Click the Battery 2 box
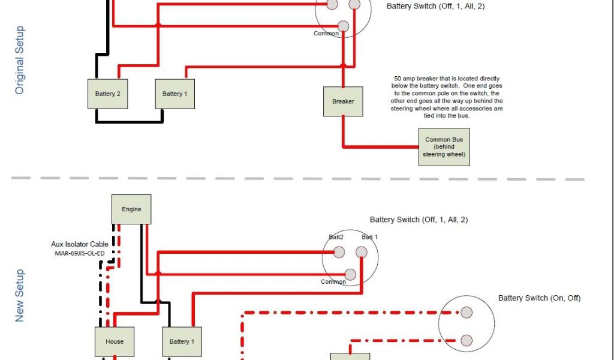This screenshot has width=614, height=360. pos(108,94)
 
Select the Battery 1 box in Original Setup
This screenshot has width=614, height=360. pos(174,94)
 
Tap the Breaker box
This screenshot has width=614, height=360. pos(343,101)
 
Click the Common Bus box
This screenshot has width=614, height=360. pos(444,147)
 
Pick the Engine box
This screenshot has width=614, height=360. pos(131,209)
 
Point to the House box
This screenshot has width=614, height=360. pos(115,341)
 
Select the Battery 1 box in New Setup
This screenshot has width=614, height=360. pos(182,341)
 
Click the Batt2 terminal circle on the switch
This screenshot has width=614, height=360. pos(339,254)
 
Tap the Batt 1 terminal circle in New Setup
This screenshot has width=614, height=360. pos(362,253)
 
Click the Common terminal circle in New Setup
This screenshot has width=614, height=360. pos(351,275)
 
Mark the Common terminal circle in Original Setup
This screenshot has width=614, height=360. pos(343,26)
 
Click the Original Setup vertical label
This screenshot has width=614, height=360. pos(20,60)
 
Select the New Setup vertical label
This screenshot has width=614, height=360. pos(20,295)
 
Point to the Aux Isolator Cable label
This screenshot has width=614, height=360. pos(79,245)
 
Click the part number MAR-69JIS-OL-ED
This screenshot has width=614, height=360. pos(79,253)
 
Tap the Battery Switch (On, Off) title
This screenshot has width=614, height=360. pos(539,298)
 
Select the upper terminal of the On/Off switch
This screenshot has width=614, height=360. pos(466,312)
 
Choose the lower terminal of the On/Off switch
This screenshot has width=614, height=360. pos(466,340)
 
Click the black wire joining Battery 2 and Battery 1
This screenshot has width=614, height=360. pos(129,122)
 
